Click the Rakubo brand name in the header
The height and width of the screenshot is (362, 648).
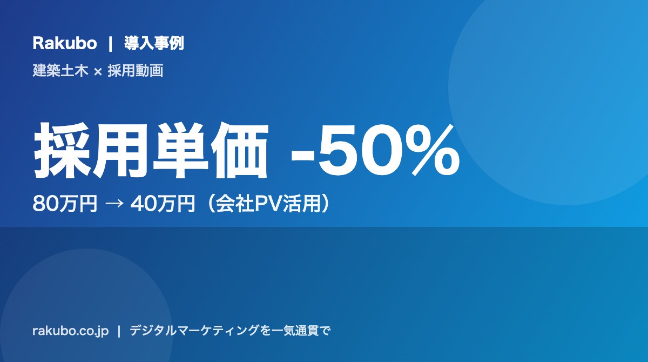coord(64,44)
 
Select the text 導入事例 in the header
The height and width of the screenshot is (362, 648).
coord(154,43)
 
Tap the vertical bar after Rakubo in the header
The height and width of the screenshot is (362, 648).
coord(110,44)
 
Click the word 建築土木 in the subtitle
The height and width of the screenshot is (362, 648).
coord(60,71)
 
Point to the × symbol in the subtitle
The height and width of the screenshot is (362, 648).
coord(98,71)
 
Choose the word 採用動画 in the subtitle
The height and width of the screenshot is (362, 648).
coord(136,71)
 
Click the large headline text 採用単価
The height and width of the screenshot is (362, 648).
coord(151,150)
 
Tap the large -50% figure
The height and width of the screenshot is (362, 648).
coord(375,150)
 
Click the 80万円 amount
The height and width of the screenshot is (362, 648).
coord(65,204)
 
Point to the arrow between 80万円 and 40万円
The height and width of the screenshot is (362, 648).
coord(114,204)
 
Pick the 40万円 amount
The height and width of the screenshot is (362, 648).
coord(163,204)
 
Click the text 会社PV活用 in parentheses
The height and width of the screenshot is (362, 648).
coord(268,204)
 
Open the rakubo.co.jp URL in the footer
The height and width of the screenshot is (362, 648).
coord(71,331)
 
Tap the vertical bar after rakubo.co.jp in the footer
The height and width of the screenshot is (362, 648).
coord(119,331)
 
